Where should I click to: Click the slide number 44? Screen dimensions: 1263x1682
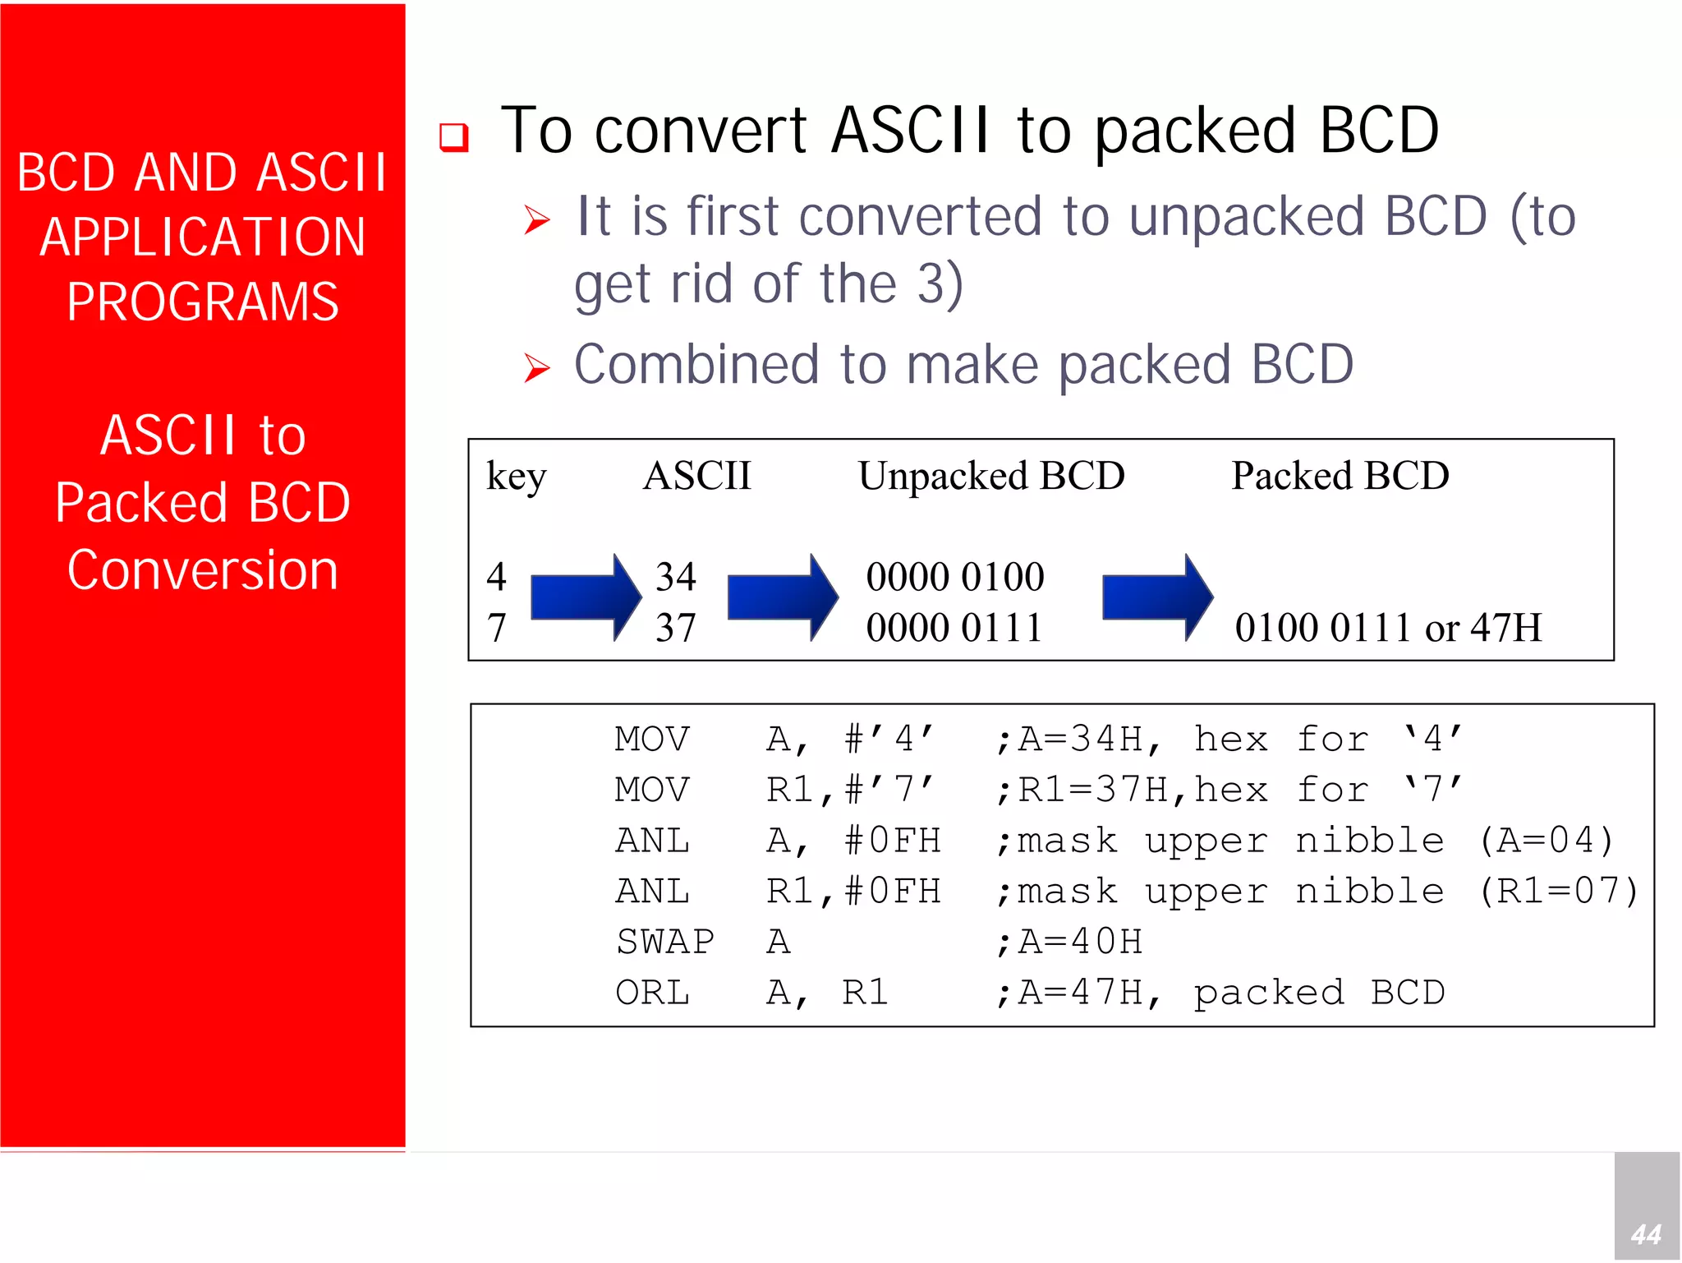click(x=1646, y=1233)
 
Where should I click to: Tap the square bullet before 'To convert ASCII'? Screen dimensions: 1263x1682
click(x=453, y=136)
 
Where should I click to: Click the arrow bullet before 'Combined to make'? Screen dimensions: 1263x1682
click(x=536, y=367)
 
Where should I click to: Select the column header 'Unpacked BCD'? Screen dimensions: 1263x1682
click(x=991, y=476)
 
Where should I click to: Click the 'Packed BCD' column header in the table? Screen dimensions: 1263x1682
click(x=1340, y=476)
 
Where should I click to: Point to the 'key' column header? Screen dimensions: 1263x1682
click(x=516, y=477)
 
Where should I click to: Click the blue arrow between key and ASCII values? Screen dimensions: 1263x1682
click(x=586, y=597)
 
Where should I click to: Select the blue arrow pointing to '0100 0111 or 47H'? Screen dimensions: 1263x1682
click(x=1156, y=597)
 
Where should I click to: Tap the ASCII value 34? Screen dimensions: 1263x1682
click(x=675, y=576)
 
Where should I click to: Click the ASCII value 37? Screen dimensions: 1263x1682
click(x=675, y=628)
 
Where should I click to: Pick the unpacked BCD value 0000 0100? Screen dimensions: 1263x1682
click(x=954, y=576)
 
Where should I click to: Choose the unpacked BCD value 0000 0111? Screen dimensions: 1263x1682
click(x=954, y=628)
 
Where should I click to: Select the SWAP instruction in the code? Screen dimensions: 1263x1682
click(x=665, y=942)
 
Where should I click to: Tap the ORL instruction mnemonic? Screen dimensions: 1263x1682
click(x=653, y=993)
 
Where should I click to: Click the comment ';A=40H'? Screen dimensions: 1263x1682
click(x=1069, y=942)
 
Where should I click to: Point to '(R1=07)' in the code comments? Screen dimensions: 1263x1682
click(x=1558, y=892)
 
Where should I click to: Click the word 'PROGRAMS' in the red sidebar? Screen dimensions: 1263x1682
click(x=203, y=302)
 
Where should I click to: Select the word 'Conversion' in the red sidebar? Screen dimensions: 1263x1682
click(x=203, y=569)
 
